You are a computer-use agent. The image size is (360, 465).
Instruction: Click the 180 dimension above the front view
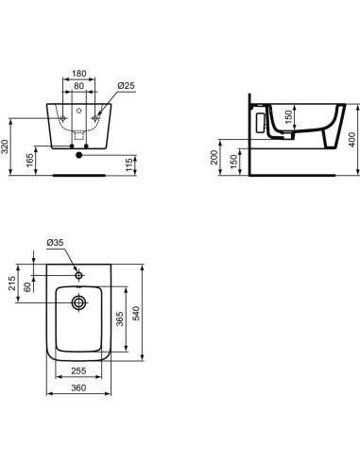(x=79, y=72)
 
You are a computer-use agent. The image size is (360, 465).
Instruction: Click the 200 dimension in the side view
(x=214, y=156)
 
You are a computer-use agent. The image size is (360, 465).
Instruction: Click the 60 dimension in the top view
(x=40, y=287)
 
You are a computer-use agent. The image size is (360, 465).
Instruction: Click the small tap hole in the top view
(x=79, y=274)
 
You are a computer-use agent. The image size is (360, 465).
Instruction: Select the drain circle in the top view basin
(x=78, y=303)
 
